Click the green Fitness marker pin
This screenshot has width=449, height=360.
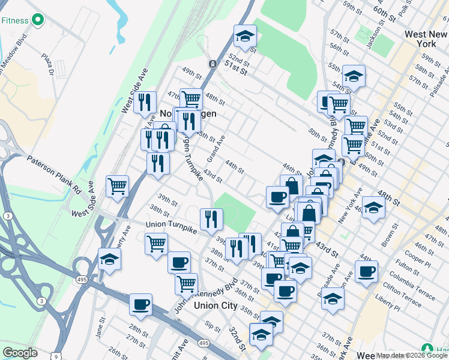pyautogui.click(x=38, y=20)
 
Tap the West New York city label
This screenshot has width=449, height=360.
pyautogui.click(x=426, y=40)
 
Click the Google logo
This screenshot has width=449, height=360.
pyautogui.click(x=20, y=353)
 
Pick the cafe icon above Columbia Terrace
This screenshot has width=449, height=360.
pyautogui.click(x=366, y=271)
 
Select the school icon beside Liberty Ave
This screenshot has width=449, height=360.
pyautogui.click(x=109, y=259)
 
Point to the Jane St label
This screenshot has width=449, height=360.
pyautogui.click(x=100, y=331)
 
